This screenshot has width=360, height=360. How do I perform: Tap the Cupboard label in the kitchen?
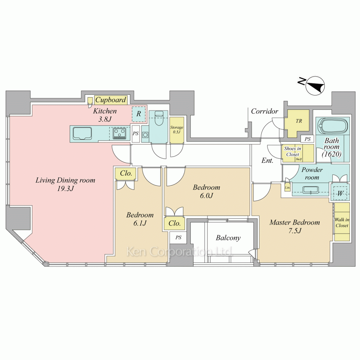tap(111, 100)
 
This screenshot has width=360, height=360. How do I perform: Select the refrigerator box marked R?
tap(139, 114)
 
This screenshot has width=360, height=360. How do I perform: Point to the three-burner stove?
tap(119, 134)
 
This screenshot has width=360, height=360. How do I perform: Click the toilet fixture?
tap(158, 118)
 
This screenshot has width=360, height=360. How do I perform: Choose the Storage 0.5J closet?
tap(176, 130)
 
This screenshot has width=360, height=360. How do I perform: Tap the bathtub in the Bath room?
tap(332, 126)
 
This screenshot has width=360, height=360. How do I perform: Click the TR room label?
tap(299, 121)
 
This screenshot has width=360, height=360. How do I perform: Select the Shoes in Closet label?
tap(292, 152)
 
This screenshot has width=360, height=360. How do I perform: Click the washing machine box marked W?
tap(340, 194)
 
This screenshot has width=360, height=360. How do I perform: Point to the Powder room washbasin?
tap(310, 190)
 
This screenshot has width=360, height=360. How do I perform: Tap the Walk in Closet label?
tap(342, 222)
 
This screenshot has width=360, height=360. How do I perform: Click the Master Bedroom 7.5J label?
tap(294, 226)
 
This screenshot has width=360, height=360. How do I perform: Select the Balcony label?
tap(228, 238)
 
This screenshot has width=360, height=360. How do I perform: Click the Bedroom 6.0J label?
tap(206, 191)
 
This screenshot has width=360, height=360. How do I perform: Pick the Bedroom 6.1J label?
tap(140, 219)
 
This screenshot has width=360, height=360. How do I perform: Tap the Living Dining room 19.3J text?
tap(65, 184)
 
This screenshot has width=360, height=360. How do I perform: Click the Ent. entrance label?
tap(267, 160)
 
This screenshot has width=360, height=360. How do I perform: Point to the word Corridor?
tap(265, 111)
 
